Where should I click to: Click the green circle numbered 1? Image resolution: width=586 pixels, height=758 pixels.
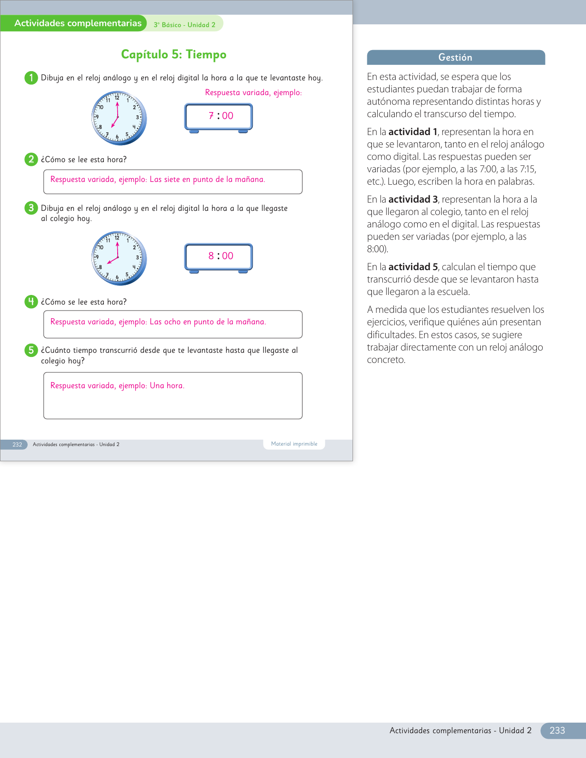coord(31,78)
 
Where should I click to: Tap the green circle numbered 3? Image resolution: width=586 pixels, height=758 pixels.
coord(31,208)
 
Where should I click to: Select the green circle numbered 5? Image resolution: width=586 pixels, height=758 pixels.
coord(31,350)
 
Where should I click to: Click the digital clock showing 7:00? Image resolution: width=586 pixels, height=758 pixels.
coord(219,117)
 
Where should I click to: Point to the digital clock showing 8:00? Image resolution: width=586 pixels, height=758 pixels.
coord(219,257)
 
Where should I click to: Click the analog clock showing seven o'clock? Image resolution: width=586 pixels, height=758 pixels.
coord(119,118)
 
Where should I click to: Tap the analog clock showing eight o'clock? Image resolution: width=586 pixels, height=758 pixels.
coord(119,258)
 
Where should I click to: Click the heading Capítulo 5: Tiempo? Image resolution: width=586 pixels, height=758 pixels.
coord(174,55)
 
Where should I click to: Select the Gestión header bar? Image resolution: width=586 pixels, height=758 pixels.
coord(455,57)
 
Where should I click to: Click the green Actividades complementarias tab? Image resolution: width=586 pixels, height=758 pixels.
coord(78,23)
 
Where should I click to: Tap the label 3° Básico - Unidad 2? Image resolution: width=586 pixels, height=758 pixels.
coord(184,25)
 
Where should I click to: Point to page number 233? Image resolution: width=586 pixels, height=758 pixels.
coord(557,730)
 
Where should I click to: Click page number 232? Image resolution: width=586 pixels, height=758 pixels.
coord(17,445)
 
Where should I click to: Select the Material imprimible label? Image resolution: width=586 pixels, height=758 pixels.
coord(294,444)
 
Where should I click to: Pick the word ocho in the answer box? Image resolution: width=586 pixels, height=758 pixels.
coord(172,322)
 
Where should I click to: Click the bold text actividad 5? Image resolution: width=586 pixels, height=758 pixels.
coord(413,267)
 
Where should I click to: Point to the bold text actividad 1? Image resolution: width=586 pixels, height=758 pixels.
coord(413,132)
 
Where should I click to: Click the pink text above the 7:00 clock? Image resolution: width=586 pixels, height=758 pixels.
coord(253,93)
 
